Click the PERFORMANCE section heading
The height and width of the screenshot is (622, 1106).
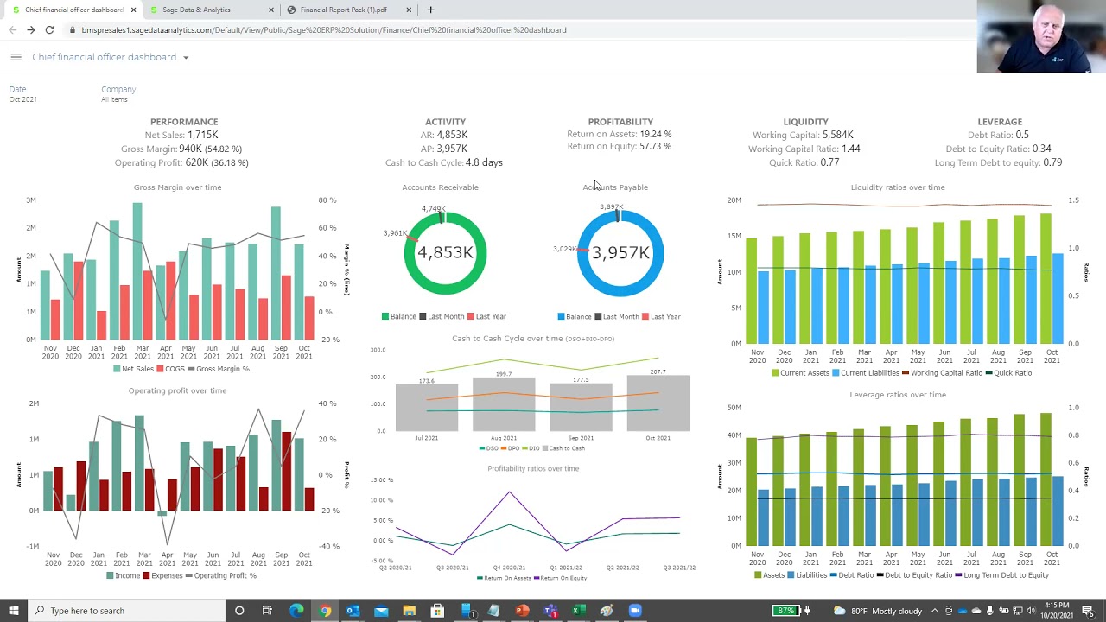coord(184,122)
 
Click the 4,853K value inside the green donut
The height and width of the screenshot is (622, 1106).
coord(445,252)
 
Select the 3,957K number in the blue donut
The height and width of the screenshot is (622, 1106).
coord(620,252)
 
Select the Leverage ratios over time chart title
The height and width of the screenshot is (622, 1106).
coord(897,395)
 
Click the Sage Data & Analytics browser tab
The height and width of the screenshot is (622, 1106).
coord(196,10)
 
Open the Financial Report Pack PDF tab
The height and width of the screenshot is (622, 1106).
coord(343,10)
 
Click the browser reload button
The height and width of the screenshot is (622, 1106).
coord(49,30)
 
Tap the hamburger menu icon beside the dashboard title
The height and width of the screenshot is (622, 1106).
coord(16,57)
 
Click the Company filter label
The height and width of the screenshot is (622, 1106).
coord(118,89)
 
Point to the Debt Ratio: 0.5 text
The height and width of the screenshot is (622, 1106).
coord(998,135)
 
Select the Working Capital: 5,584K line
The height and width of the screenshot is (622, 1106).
coord(803,135)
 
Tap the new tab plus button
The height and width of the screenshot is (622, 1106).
coord(430,10)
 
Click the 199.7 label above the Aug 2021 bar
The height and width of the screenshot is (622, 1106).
coord(504,374)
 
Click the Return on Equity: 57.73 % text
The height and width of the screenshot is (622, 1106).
coord(619,146)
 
